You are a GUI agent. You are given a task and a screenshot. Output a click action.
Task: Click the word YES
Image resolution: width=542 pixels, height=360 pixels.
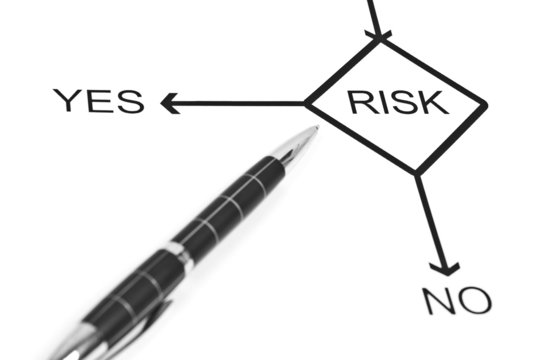coord(98,101)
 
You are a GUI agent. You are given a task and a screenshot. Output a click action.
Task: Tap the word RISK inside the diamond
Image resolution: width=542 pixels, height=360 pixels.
coord(397,102)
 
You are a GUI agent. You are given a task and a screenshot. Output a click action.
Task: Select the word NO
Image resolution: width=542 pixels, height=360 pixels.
coord(458,299)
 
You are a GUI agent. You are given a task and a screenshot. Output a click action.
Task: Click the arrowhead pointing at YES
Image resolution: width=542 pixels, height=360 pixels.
coord(168,102)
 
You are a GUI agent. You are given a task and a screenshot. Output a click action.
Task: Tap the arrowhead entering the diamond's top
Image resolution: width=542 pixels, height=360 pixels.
coord(378,36)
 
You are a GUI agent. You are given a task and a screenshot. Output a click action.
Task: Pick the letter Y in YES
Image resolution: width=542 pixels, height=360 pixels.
coord(67,101)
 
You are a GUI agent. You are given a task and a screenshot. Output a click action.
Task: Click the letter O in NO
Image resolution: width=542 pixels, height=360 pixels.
coord(475,299)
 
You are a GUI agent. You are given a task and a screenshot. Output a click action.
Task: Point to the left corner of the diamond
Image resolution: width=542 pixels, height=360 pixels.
coord(306,102)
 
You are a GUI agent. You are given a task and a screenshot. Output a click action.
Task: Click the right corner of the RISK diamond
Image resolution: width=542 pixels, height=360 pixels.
coord(485,104)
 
